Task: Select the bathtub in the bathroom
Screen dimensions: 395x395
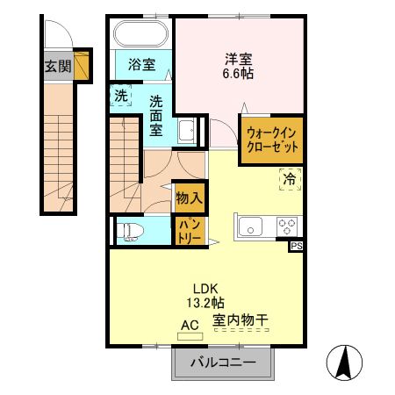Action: click(x=140, y=35)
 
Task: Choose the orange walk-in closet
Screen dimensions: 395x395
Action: click(x=272, y=139)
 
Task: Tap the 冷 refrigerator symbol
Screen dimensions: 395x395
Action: click(x=287, y=179)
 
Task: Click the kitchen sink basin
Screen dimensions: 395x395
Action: click(x=250, y=226)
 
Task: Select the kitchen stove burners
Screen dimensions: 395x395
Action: click(x=287, y=226)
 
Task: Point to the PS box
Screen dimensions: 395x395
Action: click(x=297, y=248)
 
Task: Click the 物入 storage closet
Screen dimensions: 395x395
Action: click(x=188, y=197)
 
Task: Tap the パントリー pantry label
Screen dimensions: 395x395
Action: click(x=189, y=231)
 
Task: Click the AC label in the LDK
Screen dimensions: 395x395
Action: click(x=189, y=324)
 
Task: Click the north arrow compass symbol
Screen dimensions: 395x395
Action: click(x=345, y=362)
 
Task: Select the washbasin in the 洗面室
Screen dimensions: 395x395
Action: click(x=186, y=133)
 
